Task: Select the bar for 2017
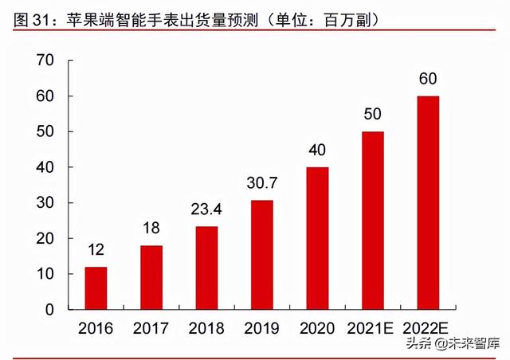pos(151,277)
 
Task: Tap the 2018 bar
pos(206,268)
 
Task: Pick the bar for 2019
pos(262,255)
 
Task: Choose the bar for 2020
pos(318,238)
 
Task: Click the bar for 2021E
pos(373,221)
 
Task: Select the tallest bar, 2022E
pos(429,203)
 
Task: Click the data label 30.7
pos(262,186)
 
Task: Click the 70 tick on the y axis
pos(45,61)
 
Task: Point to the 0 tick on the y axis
pos(49,310)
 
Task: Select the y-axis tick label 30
pos(45,203)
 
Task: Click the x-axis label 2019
pos(262,328)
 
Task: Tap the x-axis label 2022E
pos(429,328)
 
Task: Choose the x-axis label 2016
pos(96,328)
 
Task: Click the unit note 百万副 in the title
pos(345,17)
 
